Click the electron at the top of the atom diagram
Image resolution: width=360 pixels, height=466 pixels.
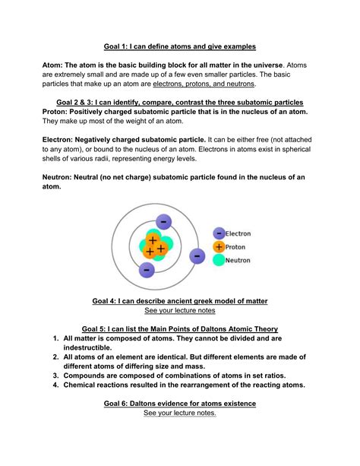coord(164,222)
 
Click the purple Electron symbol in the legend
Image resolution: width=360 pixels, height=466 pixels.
coord(219,233)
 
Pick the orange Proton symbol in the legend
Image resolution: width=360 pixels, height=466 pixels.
coord(219,246)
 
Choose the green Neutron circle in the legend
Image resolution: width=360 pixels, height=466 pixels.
coord(219,260)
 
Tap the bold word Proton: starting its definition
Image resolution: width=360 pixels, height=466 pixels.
coord(58,111)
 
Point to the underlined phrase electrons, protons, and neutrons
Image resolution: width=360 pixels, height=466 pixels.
coord(206,84)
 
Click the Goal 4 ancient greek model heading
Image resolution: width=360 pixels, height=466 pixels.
coord(179,301)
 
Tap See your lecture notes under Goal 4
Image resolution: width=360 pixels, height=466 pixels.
coord(179,311)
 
